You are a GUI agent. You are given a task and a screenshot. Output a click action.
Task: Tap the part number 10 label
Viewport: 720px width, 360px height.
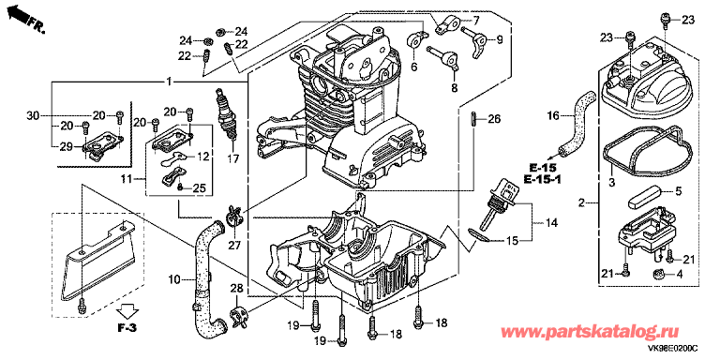click(x=174, y=278)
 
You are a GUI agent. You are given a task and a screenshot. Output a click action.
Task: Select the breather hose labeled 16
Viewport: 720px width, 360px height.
click(x=576, y=123)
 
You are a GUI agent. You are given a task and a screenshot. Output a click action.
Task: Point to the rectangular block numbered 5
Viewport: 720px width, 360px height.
click(x=643, y=197)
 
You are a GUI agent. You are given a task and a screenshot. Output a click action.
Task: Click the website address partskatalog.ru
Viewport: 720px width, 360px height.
click(x=592, y=332)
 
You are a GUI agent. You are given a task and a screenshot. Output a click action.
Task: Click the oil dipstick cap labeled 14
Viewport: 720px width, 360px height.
click(x=503, y=194)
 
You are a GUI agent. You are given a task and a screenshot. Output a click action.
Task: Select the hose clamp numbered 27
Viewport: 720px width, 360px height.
click(x=232, y=217)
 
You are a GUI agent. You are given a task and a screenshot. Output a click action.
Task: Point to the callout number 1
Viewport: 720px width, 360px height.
click(x=169, y=82)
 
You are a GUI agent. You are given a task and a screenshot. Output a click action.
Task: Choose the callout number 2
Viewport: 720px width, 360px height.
click(x=582, y=202)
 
